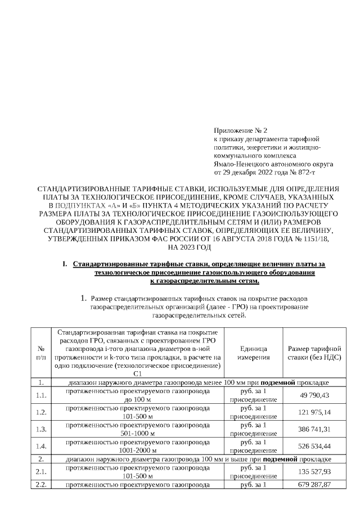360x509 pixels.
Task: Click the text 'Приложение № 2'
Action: (x=238, y=130)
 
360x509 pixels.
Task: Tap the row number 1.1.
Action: (x=40, y=395)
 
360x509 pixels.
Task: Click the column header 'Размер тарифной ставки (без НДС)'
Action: (x=314, y=353)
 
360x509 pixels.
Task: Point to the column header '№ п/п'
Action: (x=40, y=353)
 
